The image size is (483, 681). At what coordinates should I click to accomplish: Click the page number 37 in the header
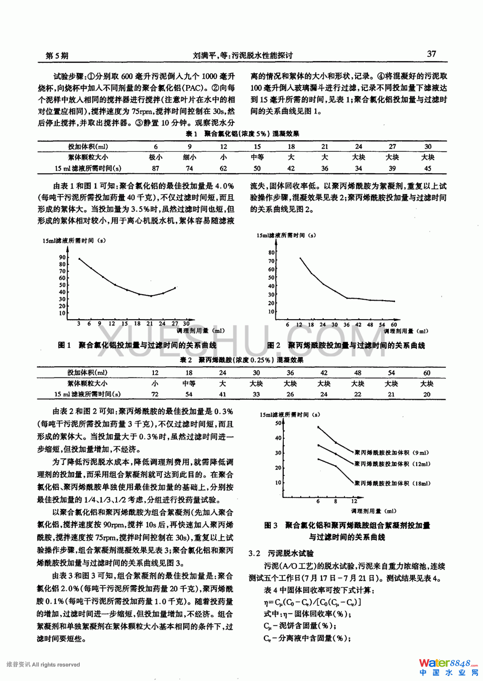tap(431, 54)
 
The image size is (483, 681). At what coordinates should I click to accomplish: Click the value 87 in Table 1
tap(156, 168)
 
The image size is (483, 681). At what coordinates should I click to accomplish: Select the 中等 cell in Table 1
tap(257, 157)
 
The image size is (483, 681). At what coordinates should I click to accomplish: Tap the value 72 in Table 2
tap(155, 394)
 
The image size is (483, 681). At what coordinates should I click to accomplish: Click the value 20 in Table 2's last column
tap(427, 394)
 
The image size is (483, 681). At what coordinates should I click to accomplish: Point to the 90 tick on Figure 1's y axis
tap(62, 257)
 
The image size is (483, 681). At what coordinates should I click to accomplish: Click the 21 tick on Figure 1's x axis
tap(149, 324)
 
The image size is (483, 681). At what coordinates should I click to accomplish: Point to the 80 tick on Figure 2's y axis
tap(271, 252)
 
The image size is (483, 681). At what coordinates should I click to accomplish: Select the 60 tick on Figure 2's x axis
tap(394, 325)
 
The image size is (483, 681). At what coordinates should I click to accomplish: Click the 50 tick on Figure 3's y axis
tap(278, 423)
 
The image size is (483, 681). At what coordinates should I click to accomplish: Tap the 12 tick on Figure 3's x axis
tap(354, 501)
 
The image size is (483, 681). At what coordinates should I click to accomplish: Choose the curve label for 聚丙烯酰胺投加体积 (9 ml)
tap(391, 453)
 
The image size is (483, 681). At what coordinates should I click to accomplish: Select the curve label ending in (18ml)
tap(392, 483)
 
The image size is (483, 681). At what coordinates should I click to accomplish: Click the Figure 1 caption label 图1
tap(64, 345)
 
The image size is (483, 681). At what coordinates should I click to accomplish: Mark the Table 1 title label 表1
tap(191, 133)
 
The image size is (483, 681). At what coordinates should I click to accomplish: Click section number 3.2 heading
tap(254, 553)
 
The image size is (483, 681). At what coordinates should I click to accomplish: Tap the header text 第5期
tap(57, 55)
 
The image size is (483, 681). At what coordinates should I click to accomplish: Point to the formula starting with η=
tap(312, 602)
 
